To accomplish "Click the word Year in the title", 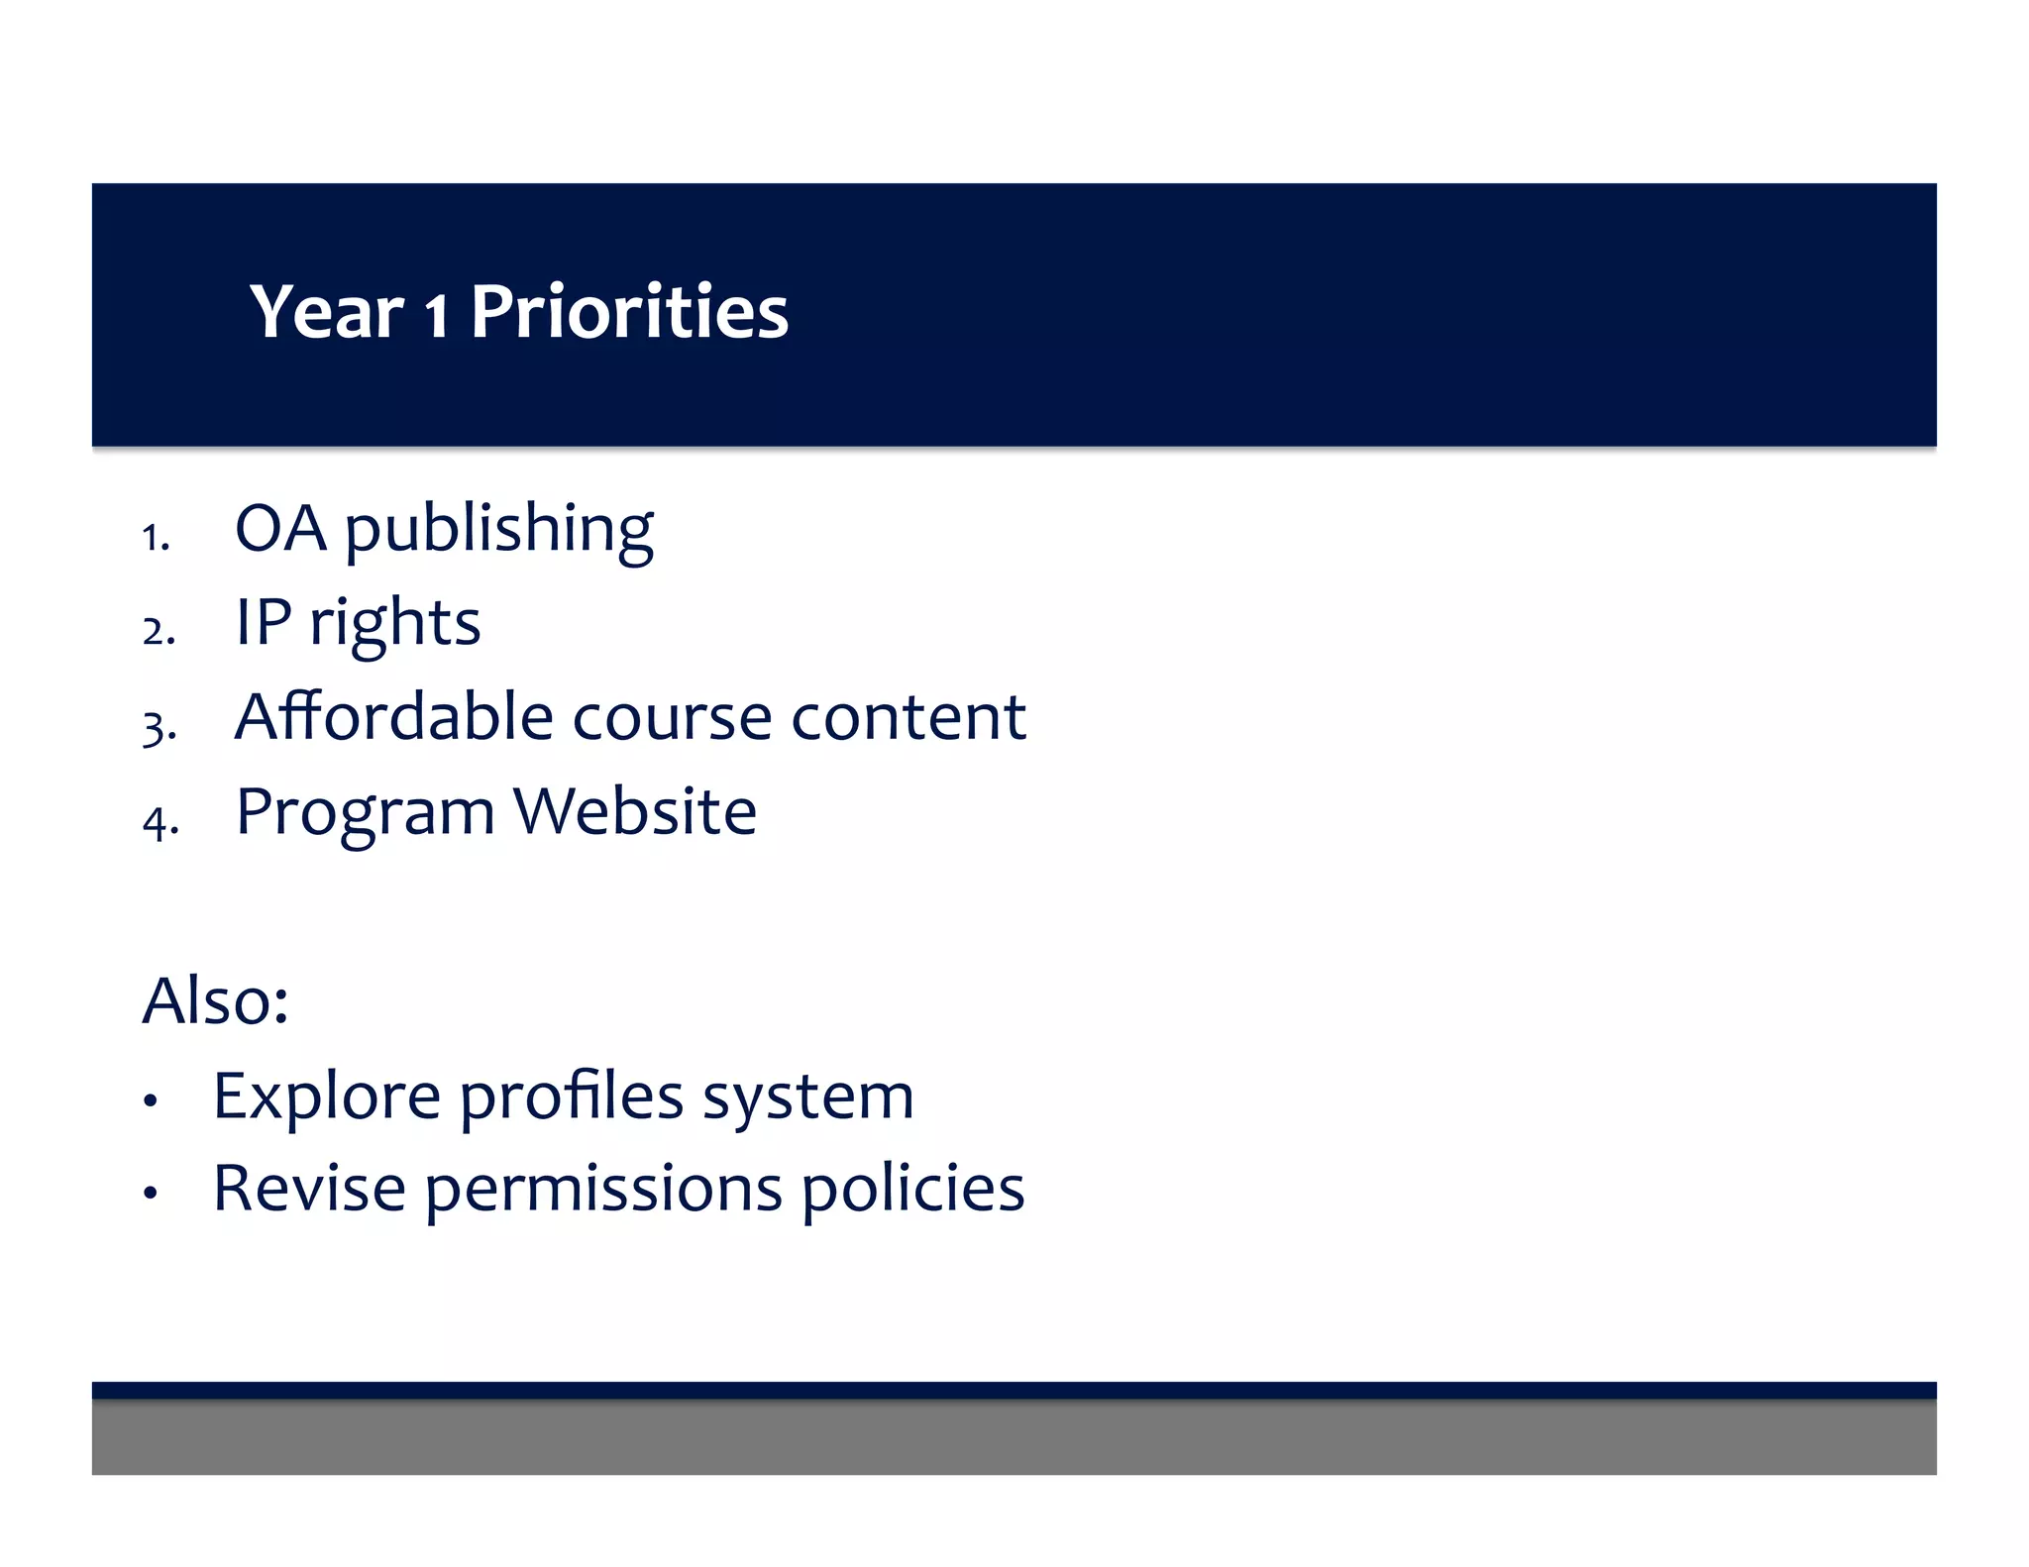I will pyautogui.click(x=327, y=312).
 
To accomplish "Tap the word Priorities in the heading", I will pyautogui.click(x=629, y=312).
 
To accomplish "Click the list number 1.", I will pyautogui.click(x=155, y=538).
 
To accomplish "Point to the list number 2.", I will pyautogui.click(x=158, y=631).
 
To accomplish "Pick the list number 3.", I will pyautogui.click(x=158, y=728).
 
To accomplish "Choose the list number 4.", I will pyautogui.click(x=160, y=821).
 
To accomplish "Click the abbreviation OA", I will pyautogui.click(x=280, y=528).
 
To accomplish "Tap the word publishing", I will pyautogui.click(x=498, y=530).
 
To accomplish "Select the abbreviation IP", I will pyautogui.click(x=264, y=622).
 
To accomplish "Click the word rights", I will pyautogui.click(x=395, y=624).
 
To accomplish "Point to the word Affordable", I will pyautogui.click(x=393, y=716).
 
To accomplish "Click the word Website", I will pyautogui.click(x=635, y=811).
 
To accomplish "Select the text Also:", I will pyautogui.click(x=215, y=1000).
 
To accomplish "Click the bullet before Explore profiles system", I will pyautogui.click(x=151, y=1100).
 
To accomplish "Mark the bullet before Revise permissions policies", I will pyautogui.click(x=151, y=1193).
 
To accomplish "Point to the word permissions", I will pyautogui.click(x=603, y=1189).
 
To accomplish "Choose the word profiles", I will pyautogui.click(x=572, y=1097).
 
